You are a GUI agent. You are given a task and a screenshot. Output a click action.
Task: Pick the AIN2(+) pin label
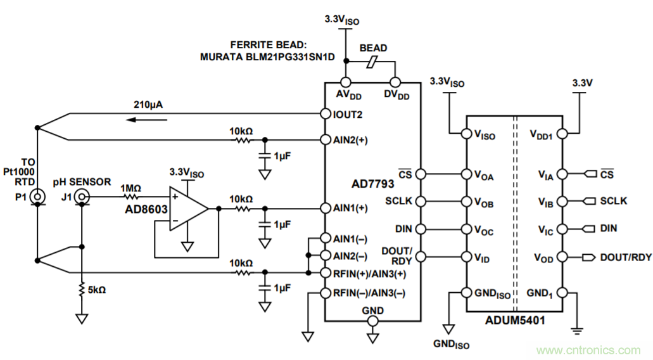[x=350, y=140]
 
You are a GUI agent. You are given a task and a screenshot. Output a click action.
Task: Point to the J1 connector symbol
[x=82, y=198]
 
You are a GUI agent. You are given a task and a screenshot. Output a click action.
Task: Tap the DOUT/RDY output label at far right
[x=625, y=257]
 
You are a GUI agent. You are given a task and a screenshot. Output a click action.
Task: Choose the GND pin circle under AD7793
[x=372, y=322]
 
